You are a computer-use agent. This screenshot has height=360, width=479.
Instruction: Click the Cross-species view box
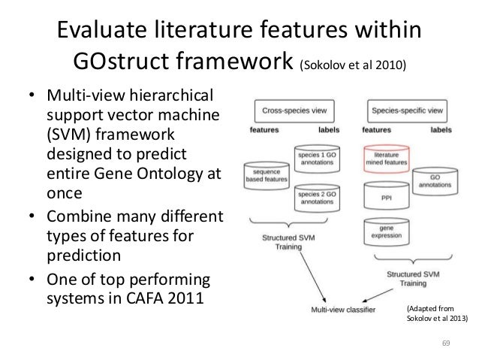pos(291,110)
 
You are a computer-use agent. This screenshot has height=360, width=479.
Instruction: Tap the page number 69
pos(445,343)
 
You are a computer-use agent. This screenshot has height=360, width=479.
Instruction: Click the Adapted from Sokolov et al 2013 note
pos(436,313)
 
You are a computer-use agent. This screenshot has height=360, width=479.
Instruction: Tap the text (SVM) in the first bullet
pos(71,135)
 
